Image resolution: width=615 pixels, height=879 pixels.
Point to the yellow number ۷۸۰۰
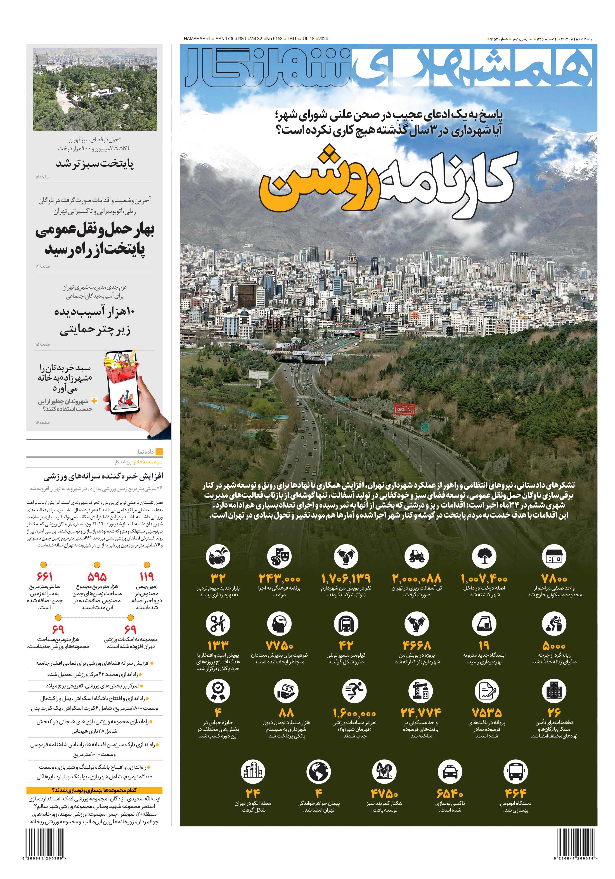[x=554, y=578]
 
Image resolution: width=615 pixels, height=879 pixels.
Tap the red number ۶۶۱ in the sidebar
[x=44, y=577]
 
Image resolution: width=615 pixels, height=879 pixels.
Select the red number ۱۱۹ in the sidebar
[x=146, y=577]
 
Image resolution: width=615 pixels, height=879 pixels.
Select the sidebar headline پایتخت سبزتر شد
[x=95, y=164]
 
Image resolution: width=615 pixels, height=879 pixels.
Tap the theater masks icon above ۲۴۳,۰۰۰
[x=279, y=556]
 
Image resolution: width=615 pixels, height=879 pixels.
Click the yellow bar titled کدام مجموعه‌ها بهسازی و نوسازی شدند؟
[x=94, y=790]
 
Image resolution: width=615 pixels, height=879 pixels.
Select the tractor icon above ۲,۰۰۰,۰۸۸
[x=416, y=556]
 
